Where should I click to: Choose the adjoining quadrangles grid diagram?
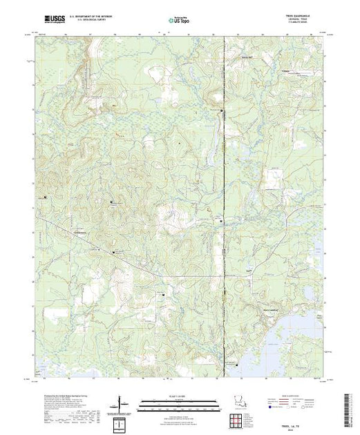pyautogui.click(x=123, y=420)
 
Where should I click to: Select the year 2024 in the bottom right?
pyautogui.click(x=308, y=424)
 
